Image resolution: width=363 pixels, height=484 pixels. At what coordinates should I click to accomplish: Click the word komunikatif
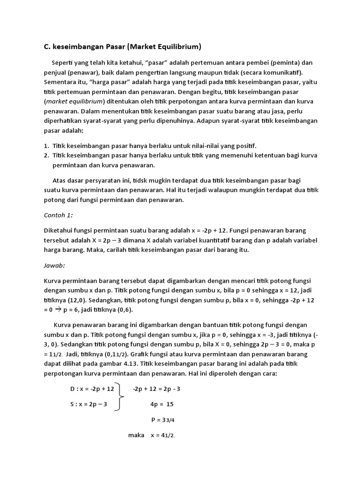pos(279,72)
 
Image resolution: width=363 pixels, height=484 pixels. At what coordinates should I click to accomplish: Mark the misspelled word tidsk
pos(142,181)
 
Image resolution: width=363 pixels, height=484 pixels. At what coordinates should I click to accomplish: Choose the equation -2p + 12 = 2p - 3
pos(156,389)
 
